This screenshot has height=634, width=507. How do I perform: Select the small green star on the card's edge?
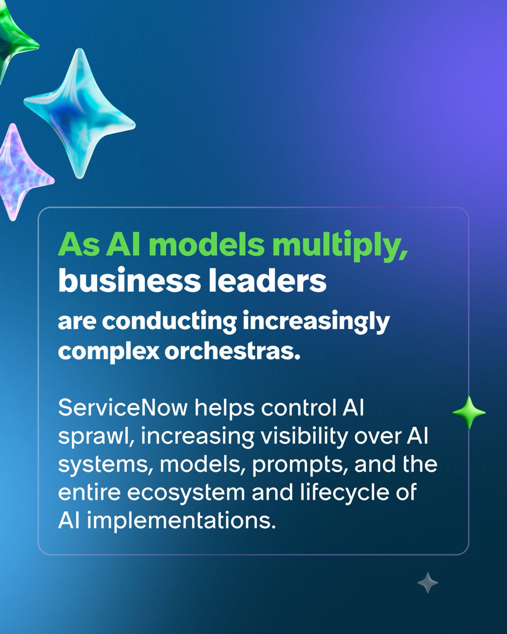click(x=469, y=413)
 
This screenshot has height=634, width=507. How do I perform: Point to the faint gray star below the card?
click(x=427, y=583)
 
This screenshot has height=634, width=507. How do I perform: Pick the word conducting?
click(x=173, y=321)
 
